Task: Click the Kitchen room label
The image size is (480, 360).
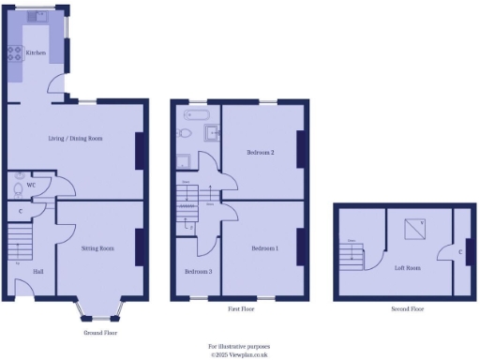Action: coord(36,53)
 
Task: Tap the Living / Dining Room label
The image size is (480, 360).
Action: coord(76,138)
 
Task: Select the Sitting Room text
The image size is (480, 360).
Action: coord(97,248)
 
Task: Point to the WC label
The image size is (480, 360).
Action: coord(31,185)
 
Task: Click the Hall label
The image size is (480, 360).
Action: coord(37,272)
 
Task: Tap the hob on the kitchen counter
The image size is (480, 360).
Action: coord(16,53)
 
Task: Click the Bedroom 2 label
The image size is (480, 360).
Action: coord(260,152)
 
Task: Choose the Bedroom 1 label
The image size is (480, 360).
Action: coord(264,248)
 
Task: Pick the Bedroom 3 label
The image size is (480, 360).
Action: coord(198,271)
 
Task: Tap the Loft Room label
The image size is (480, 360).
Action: coord(407,267)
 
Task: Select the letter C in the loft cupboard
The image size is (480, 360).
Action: coord(460,251)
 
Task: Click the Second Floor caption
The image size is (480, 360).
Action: coord(407,308)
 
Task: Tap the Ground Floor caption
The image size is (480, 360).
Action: coord(99,333)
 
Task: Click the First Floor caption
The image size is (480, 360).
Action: coord(241,308)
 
